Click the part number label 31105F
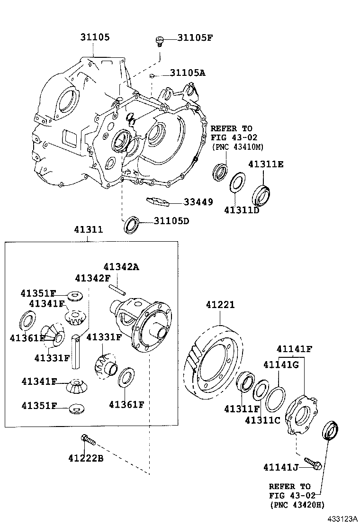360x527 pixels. click(x=195, y=37)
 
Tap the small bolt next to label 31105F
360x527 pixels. click(x=160, y=41)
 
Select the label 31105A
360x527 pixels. click(x=188, y=73)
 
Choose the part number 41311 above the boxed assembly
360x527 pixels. click(x=88, y=229)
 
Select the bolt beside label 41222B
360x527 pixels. click(x=88, y=440)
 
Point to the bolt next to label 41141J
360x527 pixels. click(x=313, y=463)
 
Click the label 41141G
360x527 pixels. click(x=281, y=364)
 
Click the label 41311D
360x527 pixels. click(x=242, y=210)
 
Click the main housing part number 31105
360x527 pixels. click(x=95, y=37)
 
